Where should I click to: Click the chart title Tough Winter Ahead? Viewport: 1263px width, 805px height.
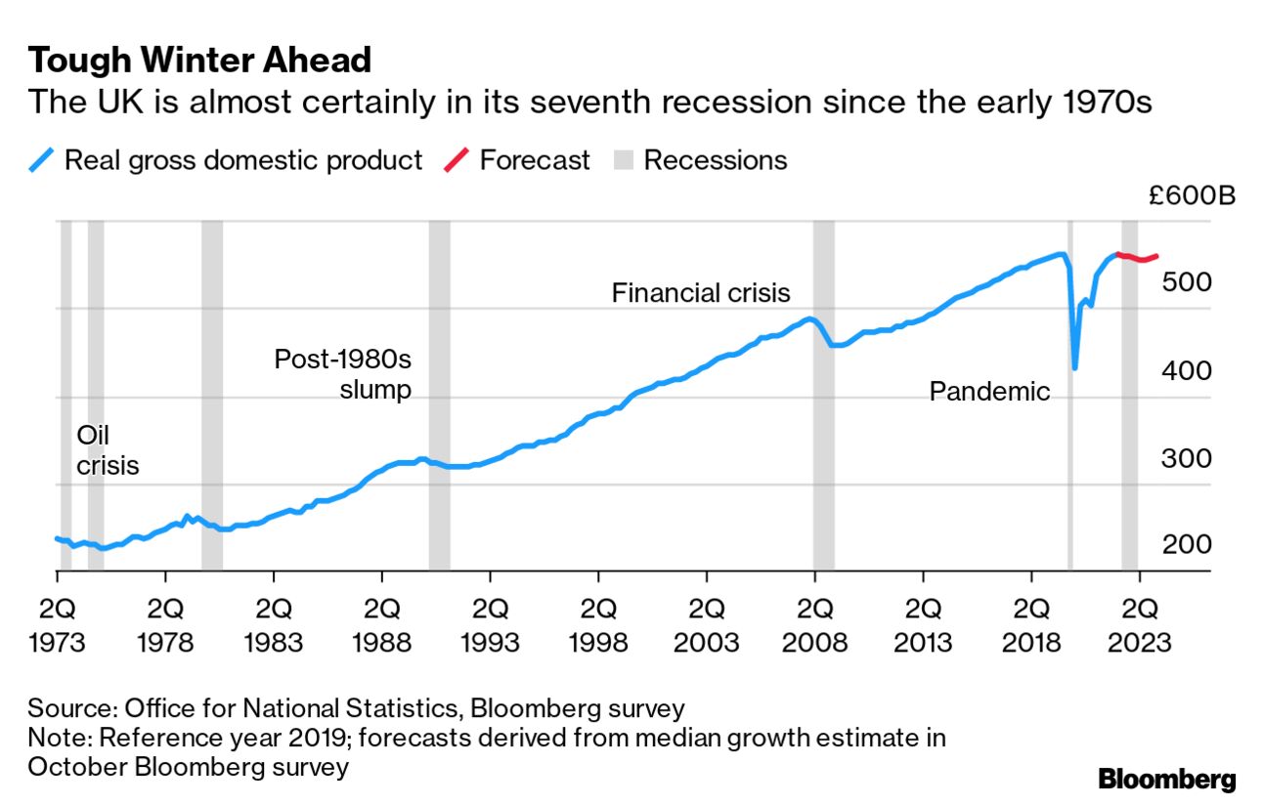point(199,62)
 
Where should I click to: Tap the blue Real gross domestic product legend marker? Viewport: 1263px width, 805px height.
point(42,160)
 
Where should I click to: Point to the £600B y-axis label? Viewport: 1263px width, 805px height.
point(1192,195)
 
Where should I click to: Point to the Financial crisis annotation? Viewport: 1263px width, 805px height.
point(701,293)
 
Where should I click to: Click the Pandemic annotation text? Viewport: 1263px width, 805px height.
point(989,392)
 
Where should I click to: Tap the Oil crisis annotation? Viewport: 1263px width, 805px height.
point(108,450)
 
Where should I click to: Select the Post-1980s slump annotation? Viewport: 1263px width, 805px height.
point(343,373)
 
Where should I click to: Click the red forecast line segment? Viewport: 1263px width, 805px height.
point(1139,258)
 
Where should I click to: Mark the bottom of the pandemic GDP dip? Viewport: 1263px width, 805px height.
point(1074,367)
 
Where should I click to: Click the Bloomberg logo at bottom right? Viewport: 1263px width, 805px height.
point(1167,780)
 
